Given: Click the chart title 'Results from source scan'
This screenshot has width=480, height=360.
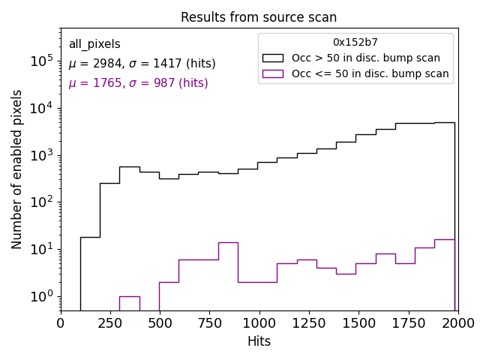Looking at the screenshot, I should (x=259, y=17).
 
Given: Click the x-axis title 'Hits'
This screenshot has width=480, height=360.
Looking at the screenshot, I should (x=259, y=341).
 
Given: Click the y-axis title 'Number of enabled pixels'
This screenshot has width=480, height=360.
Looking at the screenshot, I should (x=17, y=169).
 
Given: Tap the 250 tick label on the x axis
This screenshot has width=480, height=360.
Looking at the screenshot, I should (x=110, y=322).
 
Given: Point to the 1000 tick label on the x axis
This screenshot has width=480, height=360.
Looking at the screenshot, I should (x=259, y=322).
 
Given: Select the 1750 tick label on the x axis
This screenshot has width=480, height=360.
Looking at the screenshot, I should (x=408, y=322).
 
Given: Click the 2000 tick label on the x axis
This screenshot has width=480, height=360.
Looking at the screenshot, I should (x=457, y=322).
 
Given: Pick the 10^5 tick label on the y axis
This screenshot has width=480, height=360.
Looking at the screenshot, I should (x=40, y=61).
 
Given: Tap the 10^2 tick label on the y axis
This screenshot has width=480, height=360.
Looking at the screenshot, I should (x=40, y=202).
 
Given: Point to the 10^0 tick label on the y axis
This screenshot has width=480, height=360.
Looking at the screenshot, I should (x=40, y=296).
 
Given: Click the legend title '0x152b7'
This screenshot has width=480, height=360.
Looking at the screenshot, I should (x=355, y=42).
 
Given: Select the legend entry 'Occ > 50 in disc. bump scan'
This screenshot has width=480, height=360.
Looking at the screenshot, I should (x=366, y=58).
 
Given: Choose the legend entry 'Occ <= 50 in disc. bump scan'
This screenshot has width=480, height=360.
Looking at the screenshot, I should (x=370, y=73).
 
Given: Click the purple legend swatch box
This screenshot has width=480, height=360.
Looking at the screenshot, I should (x=272, y=73).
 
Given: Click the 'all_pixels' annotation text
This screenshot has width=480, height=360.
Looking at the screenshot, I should (x=94, y=44).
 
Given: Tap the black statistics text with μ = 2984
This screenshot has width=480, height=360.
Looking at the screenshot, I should (x=142, y=64).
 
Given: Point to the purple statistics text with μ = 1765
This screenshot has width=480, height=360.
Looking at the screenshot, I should (x=138, y=83).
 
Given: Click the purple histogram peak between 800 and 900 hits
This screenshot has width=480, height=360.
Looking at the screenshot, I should (x=228, y=243).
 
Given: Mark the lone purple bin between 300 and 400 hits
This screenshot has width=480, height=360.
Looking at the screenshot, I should (x=129, y=297).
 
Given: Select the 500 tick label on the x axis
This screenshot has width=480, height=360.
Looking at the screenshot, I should (x=160, y=322).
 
